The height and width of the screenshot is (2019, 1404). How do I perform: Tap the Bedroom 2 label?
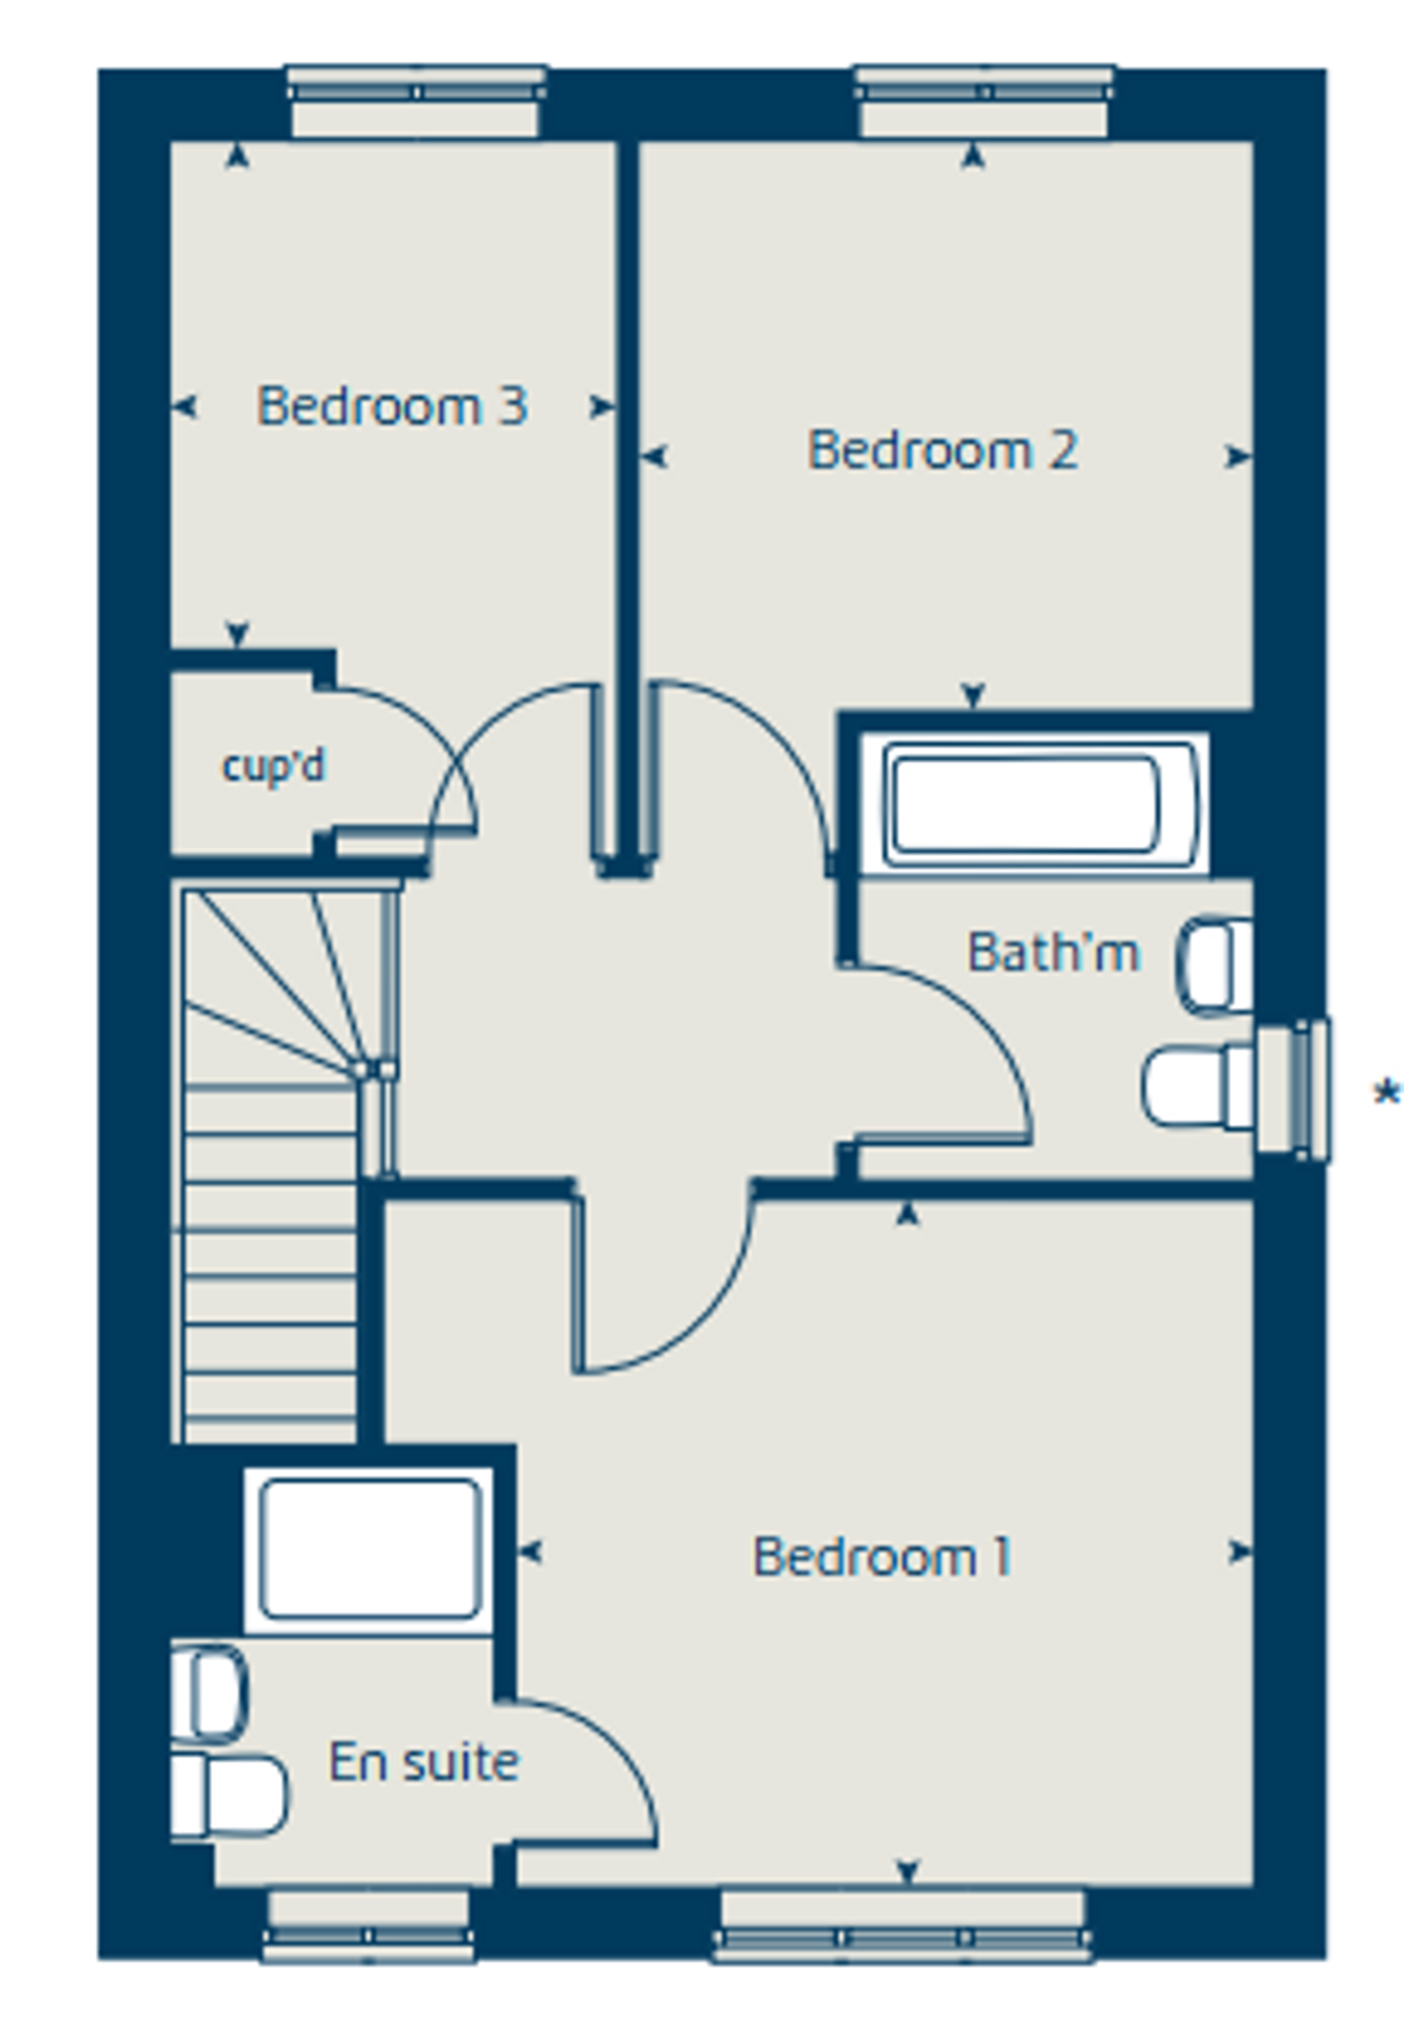pos(942,450)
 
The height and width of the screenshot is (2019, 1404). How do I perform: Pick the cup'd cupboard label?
pos(273,765)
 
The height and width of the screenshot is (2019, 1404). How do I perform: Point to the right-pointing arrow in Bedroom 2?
pos(1239,456)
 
